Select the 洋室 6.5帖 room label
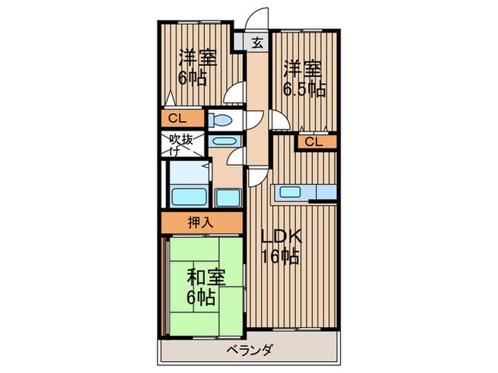click(304, 78)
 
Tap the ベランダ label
click(249, 349)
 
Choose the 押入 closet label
click(200, 222)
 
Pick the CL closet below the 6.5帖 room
click(314, 142)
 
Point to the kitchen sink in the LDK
click(291, 191)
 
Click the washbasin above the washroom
click(223, 141)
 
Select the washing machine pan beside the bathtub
click(228, 196)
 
